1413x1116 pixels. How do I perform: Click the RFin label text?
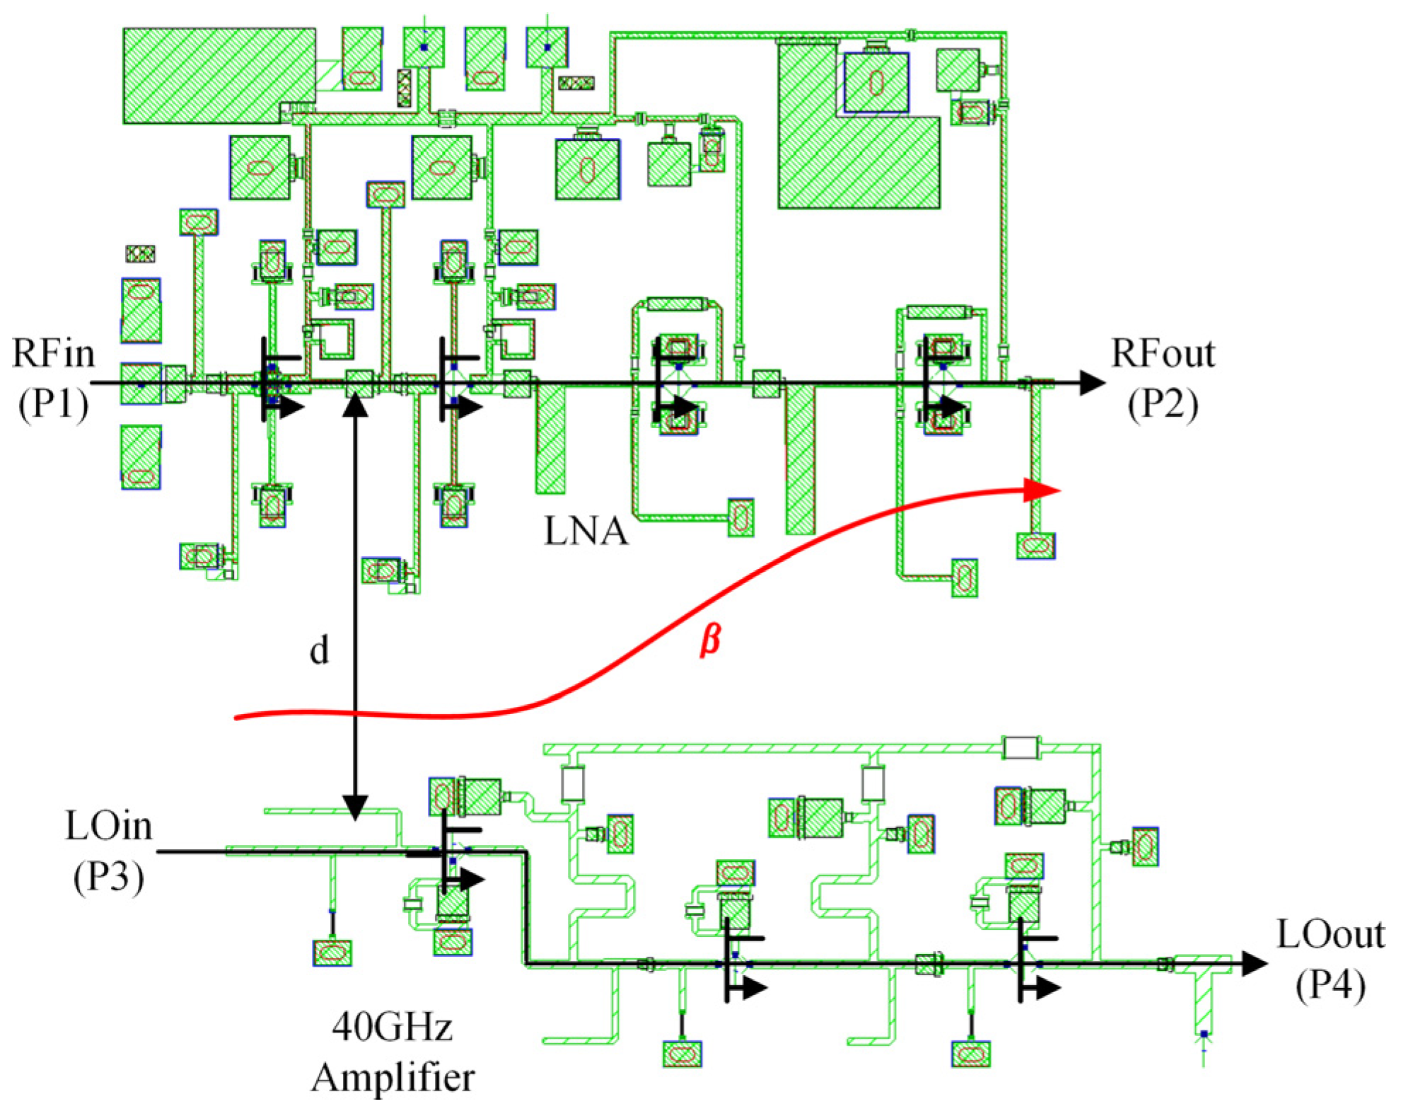53,353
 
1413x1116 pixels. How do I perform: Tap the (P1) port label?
53,405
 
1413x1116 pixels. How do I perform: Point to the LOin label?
108,826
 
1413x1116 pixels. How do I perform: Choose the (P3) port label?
108,878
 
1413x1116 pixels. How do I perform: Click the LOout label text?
1330,934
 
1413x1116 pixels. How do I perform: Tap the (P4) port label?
1330,985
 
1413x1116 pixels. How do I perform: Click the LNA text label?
586,531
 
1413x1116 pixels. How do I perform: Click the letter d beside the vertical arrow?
320,650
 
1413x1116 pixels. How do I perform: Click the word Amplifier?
392,1078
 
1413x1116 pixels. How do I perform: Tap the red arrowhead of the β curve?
1042,490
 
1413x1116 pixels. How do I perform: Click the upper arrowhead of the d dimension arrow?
355,408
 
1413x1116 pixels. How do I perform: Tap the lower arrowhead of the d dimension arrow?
355,807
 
